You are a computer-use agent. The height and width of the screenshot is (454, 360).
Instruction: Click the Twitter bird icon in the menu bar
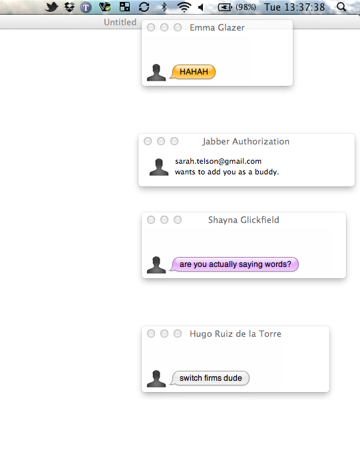coord(51,7)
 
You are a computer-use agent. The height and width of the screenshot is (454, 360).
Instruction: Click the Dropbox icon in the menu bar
coord(69,7)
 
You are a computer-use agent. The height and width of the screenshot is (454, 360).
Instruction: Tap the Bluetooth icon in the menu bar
coord(164,7)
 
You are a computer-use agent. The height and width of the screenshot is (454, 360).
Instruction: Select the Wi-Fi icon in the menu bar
coord(184,7)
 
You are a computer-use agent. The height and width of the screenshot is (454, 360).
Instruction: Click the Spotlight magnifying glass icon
coord(341,7)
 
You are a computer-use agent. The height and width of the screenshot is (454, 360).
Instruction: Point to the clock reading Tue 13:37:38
coord(294,7)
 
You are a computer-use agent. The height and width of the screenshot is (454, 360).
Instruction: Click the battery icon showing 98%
coord(225,7)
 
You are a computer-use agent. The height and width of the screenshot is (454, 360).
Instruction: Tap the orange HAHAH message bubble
coord(193,72)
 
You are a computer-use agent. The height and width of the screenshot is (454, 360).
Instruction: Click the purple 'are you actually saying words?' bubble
coord(234,264)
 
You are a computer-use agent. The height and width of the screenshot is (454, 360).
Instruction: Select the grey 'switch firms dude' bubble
coord(210,378)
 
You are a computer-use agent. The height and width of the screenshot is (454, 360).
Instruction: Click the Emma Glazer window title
coord(217,27)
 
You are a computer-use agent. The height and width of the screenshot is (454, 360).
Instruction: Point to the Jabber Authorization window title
coord(246,141)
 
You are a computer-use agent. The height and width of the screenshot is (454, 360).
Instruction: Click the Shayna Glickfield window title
coord(244,220)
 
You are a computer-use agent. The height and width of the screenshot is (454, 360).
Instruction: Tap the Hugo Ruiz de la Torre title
coord(236,334)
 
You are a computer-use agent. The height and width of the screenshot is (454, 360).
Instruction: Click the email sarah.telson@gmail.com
coord(218,161)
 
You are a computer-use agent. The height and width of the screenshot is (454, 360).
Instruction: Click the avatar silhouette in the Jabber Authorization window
coord(159,167)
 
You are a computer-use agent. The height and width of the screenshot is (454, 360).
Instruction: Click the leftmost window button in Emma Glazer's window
coord(151,27)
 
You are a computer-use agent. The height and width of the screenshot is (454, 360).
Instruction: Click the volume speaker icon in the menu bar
coord(201,7)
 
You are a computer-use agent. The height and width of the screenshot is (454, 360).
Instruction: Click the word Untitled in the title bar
coord(120,22)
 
